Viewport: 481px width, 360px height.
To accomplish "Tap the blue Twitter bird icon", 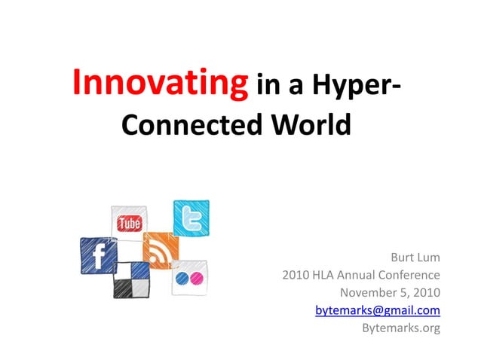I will click(191, 218).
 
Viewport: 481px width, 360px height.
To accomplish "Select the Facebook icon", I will click(98, 255).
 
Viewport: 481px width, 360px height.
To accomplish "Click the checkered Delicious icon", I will click(131, 279).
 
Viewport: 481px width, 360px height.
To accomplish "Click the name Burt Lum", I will click(415, 258).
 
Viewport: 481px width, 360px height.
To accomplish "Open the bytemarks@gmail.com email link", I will click(377, 310).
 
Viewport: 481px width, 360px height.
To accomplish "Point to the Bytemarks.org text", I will click(400, 327).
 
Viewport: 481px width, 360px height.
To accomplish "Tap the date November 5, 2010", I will click(390, 292).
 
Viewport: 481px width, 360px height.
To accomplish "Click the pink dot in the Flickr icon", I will click(197, 279).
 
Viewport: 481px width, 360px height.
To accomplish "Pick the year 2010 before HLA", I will click(296, 275).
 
